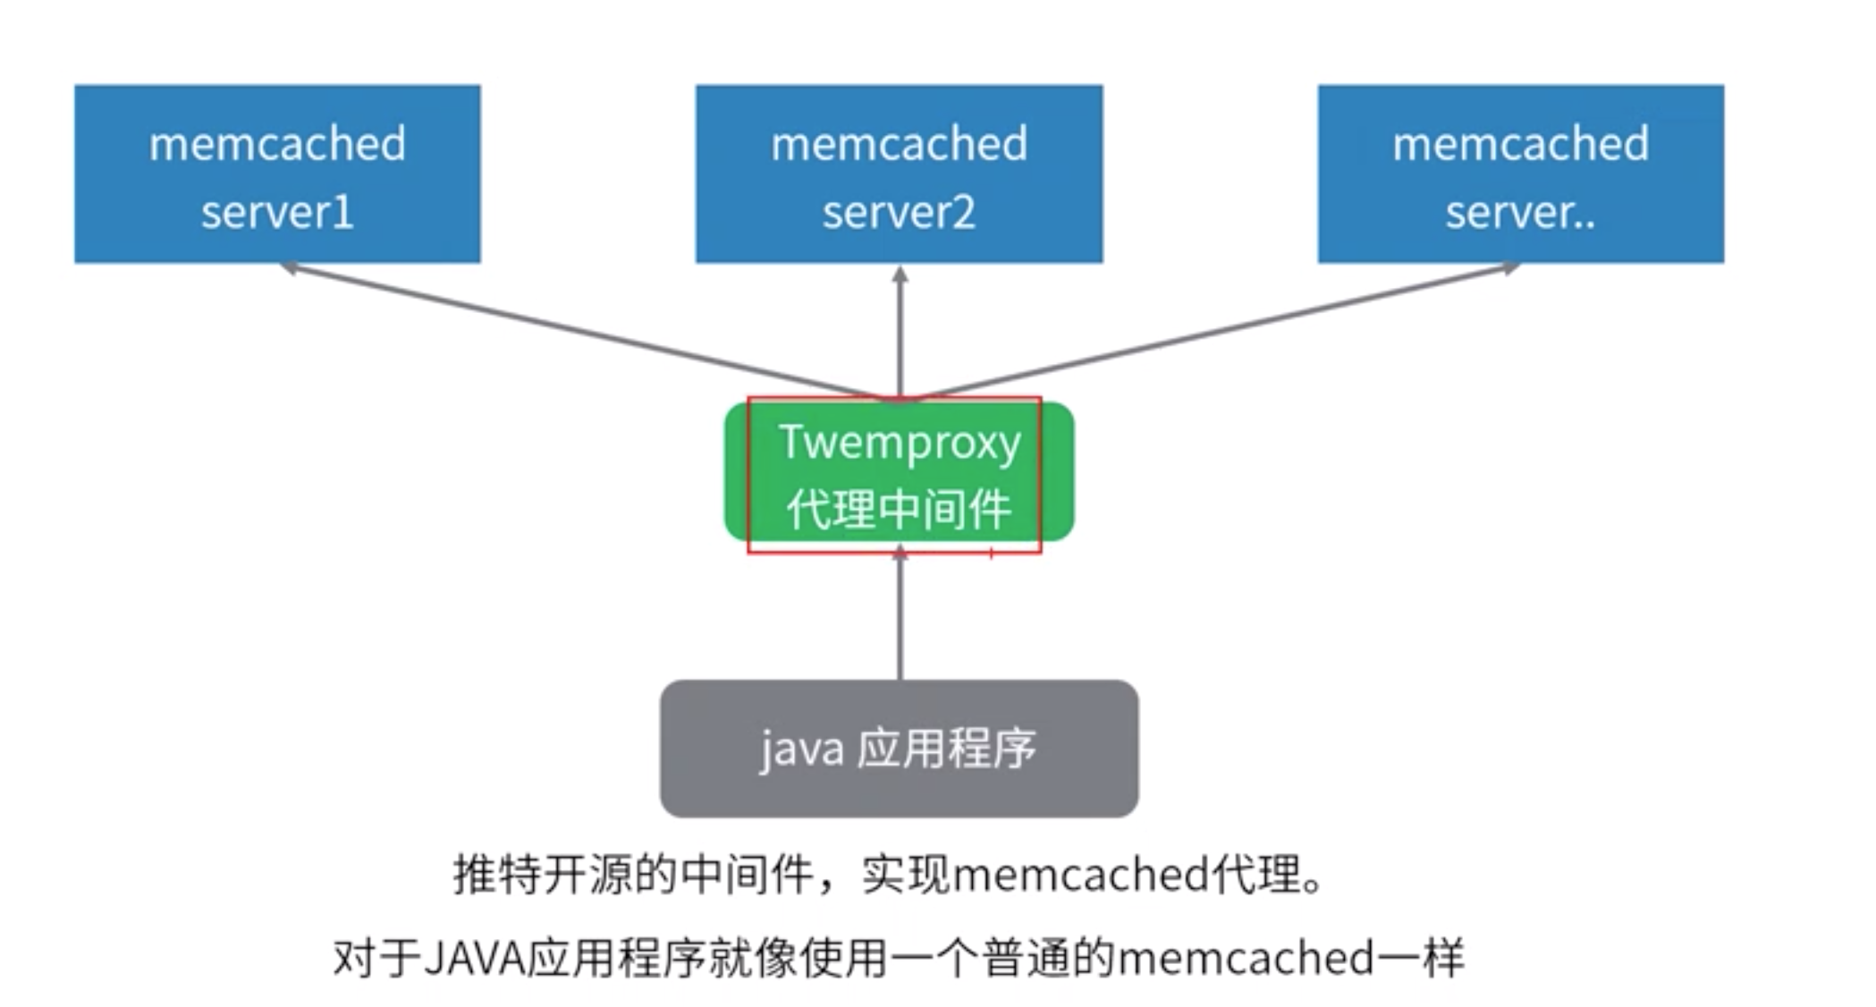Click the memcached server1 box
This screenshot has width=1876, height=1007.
[x=277, y=173]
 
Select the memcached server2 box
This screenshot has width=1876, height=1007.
[x=899, y=173]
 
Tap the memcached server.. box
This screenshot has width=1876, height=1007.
[x=1520, y=173]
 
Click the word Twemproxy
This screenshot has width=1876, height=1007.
[x=899, y=443]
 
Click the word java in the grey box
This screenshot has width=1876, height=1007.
[x=801, y=749]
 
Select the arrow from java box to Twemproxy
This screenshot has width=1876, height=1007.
[x=900, y=617]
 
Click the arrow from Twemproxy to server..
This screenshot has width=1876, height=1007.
[x=1216, y=332]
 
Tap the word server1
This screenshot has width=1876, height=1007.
[x=277, y=213]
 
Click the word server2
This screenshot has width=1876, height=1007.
[x=899, y=213]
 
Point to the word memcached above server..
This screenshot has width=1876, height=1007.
[x=1520, y=144]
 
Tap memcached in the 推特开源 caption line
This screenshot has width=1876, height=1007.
[x=1081, y=875]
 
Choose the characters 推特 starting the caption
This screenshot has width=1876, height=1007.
[x=497, y=875]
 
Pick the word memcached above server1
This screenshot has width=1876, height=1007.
[x=277, y=144]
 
